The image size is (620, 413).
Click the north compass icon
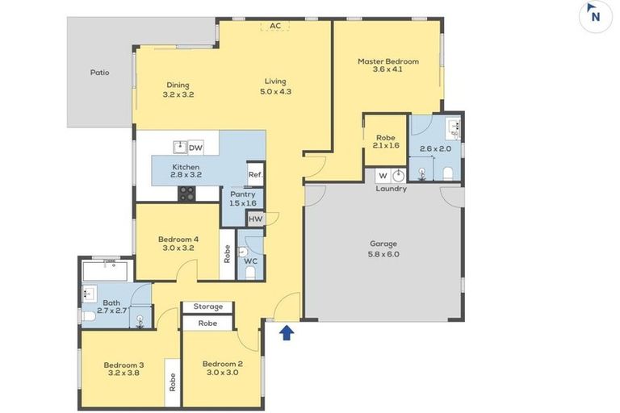coord(594,14)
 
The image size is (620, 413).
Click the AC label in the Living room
coord(275,26)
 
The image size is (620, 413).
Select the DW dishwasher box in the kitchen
coord(195,148)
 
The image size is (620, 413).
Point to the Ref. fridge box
coord(255,175)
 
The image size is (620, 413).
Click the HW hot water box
coord(255,219)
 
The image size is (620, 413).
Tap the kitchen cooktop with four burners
coord(186,194)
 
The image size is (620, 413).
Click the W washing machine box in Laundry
coord(383,176)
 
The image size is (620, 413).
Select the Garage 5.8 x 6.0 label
coord(383,248)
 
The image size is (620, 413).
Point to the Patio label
coord(99,73)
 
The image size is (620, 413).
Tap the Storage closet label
coord(207,307)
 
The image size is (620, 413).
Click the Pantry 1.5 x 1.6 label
coord(242,198)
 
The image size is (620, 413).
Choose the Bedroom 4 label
coord(178,244)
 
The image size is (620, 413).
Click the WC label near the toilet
coord(250,261)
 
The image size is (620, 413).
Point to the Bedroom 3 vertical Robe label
coord(172,382)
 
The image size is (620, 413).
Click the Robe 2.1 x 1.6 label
coord(386,141)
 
